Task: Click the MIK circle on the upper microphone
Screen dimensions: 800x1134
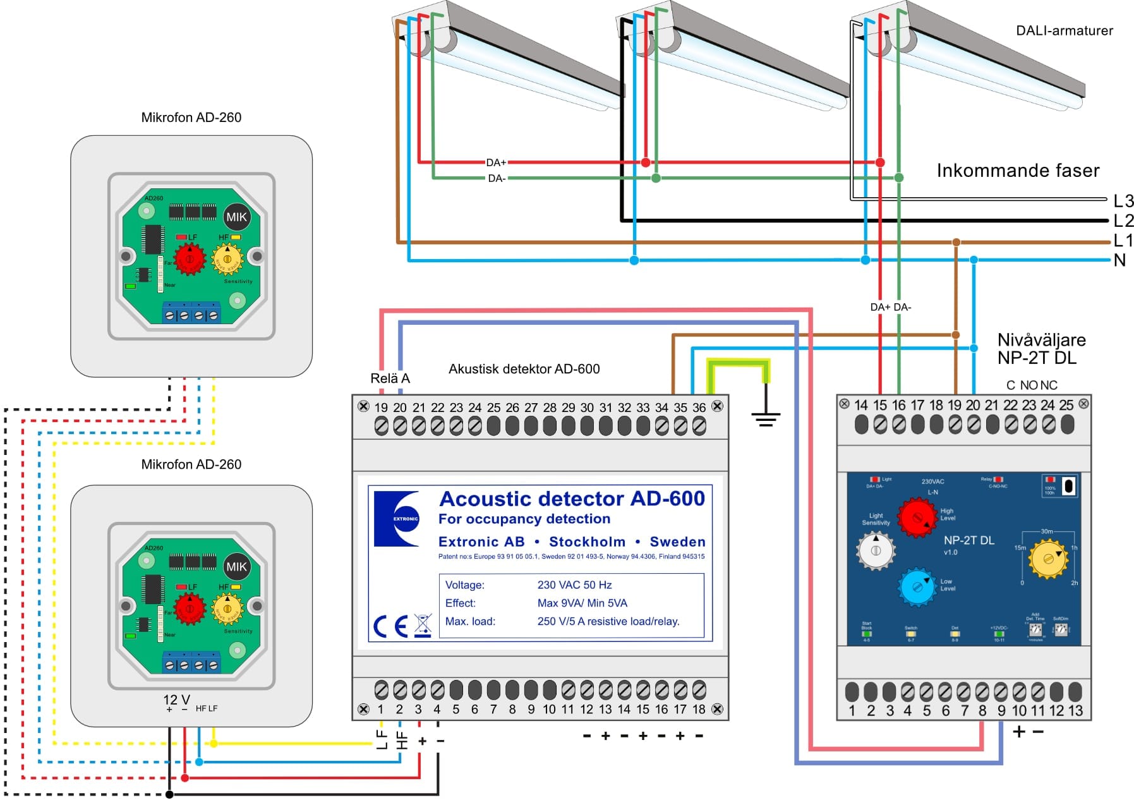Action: (x=236, y=217)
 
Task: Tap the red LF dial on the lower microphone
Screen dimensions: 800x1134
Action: (x=189, y=608)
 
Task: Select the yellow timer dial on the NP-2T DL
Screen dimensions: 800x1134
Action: (x=1048, y=559)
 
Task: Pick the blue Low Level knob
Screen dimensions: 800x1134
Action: (x=917, y=587)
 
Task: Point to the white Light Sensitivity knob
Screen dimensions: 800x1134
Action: (x=876, y=550)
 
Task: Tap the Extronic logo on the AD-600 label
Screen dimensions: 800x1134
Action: (x=397, y=518)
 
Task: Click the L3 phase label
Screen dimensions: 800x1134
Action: (x=1123, y=201)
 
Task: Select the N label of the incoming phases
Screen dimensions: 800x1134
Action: (x=1119, y=260)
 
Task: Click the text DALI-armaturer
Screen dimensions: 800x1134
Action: (x=1064, y=31)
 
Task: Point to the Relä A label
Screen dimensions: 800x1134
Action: (x=390, y=379)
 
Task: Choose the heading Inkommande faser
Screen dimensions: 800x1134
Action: (x=1017, y=171)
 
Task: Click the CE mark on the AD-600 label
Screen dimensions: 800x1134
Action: (x=390, y=626)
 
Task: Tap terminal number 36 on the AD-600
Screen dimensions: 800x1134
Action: (x=699, y=408)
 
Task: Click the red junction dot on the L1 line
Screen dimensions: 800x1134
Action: (x=956, y=243)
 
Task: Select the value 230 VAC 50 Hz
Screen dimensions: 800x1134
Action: (x=574, y=585)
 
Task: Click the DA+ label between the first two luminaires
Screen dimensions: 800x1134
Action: (x=496, y=163)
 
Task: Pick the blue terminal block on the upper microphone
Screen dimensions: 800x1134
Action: (x=191, y=313)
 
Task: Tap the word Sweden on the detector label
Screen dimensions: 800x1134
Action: (x=677, y=542)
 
